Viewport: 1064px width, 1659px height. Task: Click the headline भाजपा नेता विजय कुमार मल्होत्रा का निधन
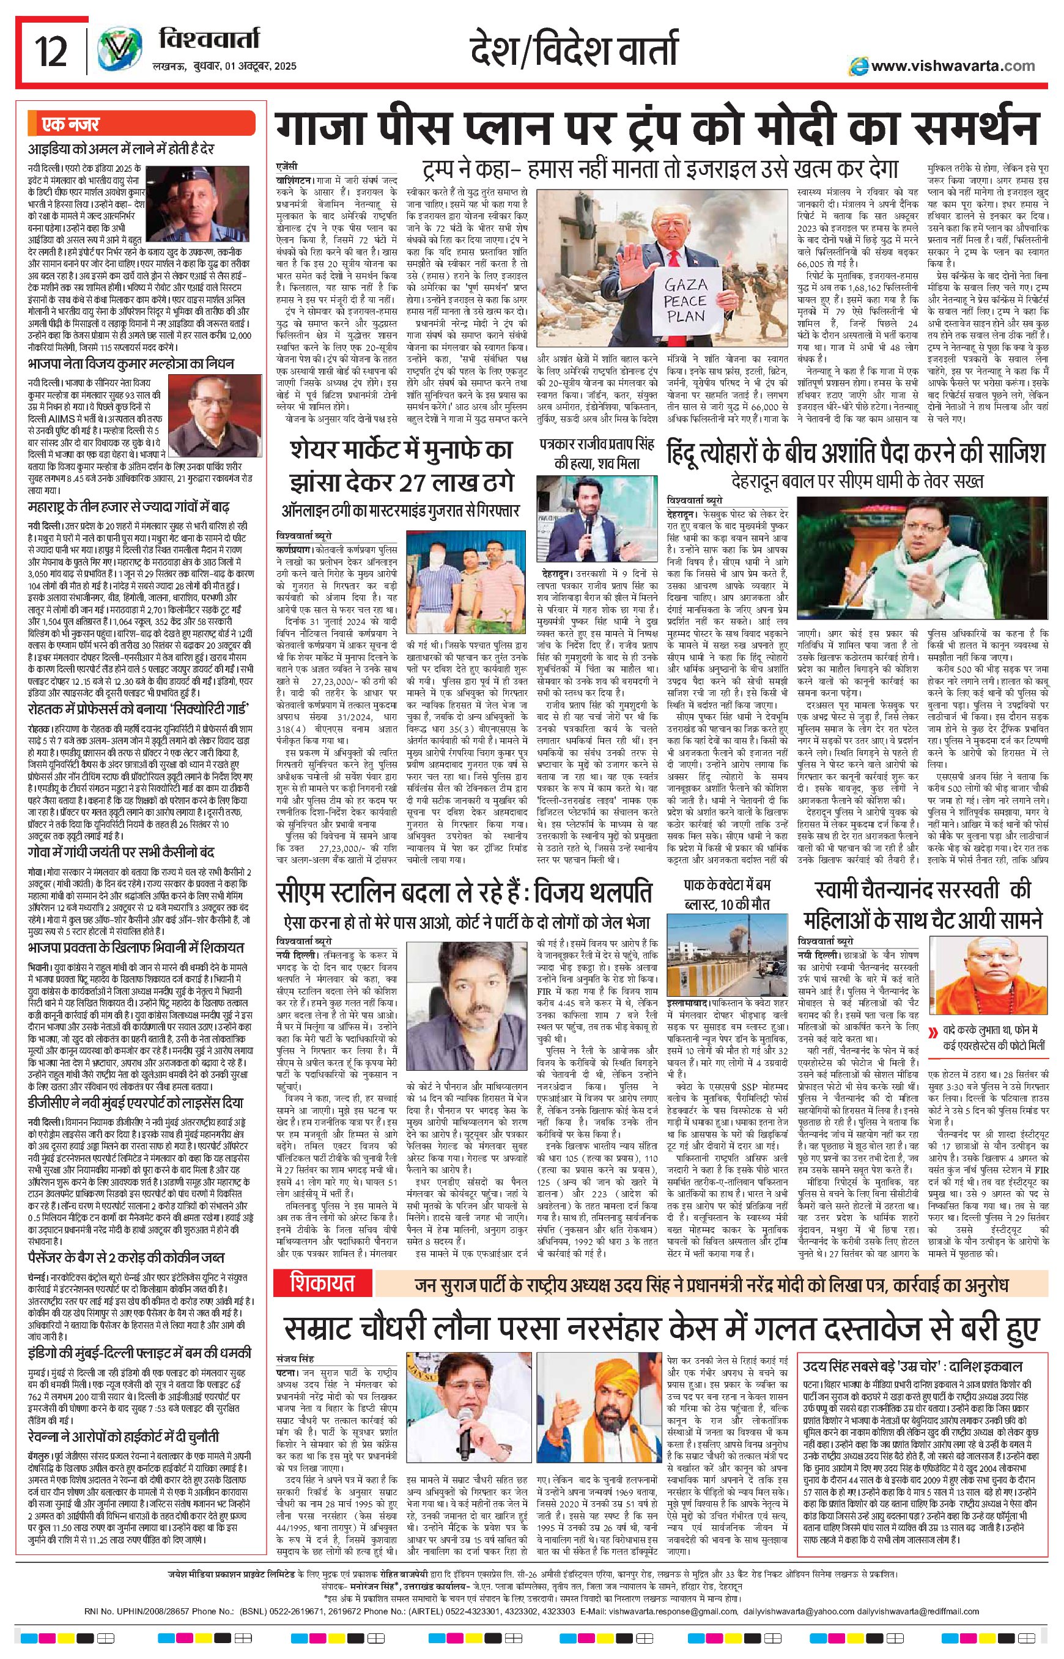tap(131, 363)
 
